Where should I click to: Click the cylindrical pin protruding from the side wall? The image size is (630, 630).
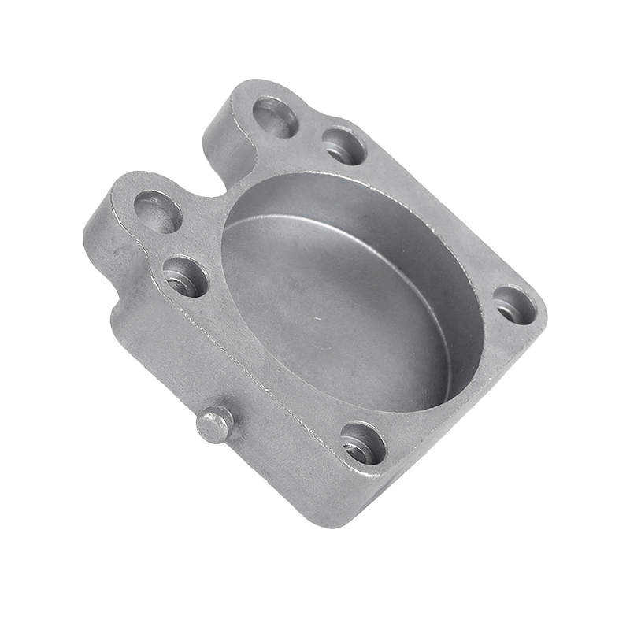coord(214,424)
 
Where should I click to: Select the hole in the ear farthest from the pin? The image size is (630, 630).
coord(276,117)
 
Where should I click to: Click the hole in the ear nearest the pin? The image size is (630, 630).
coord(157,210)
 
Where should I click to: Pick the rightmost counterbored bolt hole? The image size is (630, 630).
coord(513,304)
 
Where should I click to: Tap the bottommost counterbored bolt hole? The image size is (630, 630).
coord(363,443)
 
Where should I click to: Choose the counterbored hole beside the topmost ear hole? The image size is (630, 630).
coord(344,146)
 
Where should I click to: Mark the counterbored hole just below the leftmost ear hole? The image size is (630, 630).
coord(186,276)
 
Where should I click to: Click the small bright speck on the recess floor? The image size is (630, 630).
coord(317,319)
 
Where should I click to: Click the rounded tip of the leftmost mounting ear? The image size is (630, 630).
coord(118,189)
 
